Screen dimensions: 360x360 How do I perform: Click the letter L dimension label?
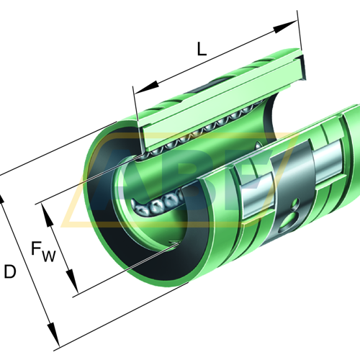pos(202,49)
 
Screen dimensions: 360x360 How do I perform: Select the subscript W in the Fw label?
pos(49,256)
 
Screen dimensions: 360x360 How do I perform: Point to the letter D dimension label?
pos(10,271)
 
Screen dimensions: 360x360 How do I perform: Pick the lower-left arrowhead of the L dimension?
pos(146,88)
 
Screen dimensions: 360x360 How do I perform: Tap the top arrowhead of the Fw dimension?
pos(48,215)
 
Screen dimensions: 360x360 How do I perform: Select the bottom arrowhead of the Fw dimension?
pos(72,281)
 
